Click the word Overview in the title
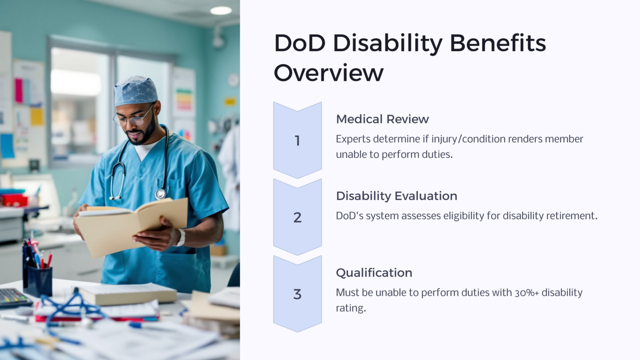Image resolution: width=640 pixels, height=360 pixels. point(328,73)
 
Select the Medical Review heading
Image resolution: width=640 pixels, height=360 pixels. point(382,119)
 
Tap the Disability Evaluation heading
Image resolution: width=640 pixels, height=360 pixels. point(396,196)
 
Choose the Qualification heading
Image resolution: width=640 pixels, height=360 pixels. point(374,272)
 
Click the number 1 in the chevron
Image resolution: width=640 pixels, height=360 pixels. point(297,141)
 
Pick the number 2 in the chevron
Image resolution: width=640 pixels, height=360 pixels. point(297,217)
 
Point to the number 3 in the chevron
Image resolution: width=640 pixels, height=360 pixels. point(297,294)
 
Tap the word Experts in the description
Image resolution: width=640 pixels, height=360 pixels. point(352,139)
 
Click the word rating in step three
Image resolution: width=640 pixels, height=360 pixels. point(350,308)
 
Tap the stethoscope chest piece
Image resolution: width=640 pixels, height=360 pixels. point(160,194)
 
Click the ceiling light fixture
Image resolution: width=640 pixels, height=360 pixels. point(220,10)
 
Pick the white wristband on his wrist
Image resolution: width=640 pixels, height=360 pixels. point(181,237)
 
